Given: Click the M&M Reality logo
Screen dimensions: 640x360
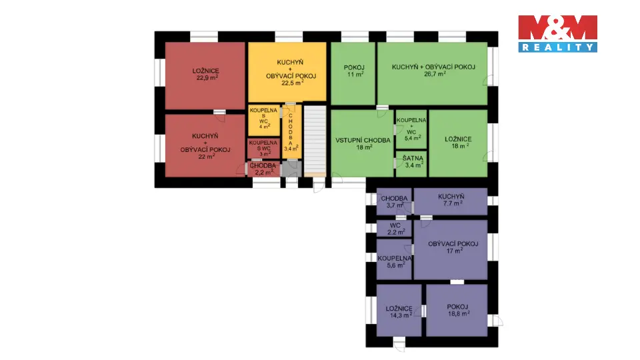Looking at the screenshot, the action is [557, 34].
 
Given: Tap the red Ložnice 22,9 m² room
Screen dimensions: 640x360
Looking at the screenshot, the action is [205, 75].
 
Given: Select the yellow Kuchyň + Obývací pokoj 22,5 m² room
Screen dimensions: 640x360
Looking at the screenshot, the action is [287, 72].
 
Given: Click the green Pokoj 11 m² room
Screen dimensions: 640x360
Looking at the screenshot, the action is [353, 73].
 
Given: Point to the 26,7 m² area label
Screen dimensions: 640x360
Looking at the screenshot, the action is [435, 74].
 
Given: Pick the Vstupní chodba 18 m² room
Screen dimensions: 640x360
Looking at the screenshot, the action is [362, 143].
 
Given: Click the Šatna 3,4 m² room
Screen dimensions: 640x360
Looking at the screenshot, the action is [411, 164].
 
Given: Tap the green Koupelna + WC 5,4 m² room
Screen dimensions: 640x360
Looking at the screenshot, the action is [411, 129].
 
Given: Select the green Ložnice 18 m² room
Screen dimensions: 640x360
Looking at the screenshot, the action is [458, 143].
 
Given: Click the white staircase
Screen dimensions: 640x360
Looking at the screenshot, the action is [315, 139].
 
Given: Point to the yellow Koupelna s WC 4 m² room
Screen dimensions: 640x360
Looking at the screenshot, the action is [264, 121].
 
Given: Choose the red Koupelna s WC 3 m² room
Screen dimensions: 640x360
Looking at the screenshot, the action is [264, 149].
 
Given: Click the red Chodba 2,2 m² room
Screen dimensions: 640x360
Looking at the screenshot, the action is [264, 169].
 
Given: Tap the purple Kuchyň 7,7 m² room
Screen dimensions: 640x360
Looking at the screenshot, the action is [451, 201].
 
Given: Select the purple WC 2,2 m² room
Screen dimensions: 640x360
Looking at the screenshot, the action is [394, 228].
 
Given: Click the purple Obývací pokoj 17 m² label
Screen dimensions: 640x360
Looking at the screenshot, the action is [453, 247].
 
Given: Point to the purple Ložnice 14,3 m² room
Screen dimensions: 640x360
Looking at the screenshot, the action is [399, 310].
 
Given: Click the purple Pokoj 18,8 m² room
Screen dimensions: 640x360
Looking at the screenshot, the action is [457, 310].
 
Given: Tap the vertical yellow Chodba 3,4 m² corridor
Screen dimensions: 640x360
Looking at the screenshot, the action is [292, 132].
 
